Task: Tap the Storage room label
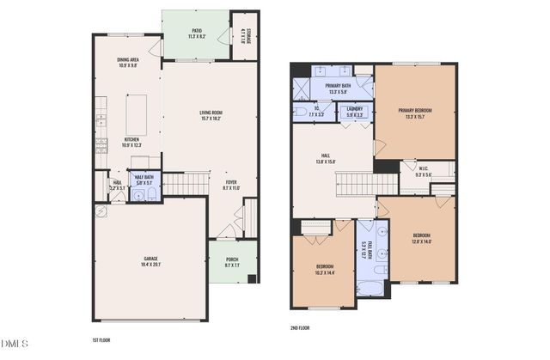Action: coord(245,35)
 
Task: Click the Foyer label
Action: coord(231,184)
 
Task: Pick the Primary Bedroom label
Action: coord(414,113)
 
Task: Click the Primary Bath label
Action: coord(338,88)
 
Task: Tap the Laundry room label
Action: coord(355,111)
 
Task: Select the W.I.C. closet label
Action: coord(424,171)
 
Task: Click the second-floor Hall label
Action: coord(326,158)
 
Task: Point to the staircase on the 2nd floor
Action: coord(354,183)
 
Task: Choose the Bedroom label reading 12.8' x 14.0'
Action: coord(421,238)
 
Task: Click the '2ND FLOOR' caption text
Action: coord(300,328)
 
